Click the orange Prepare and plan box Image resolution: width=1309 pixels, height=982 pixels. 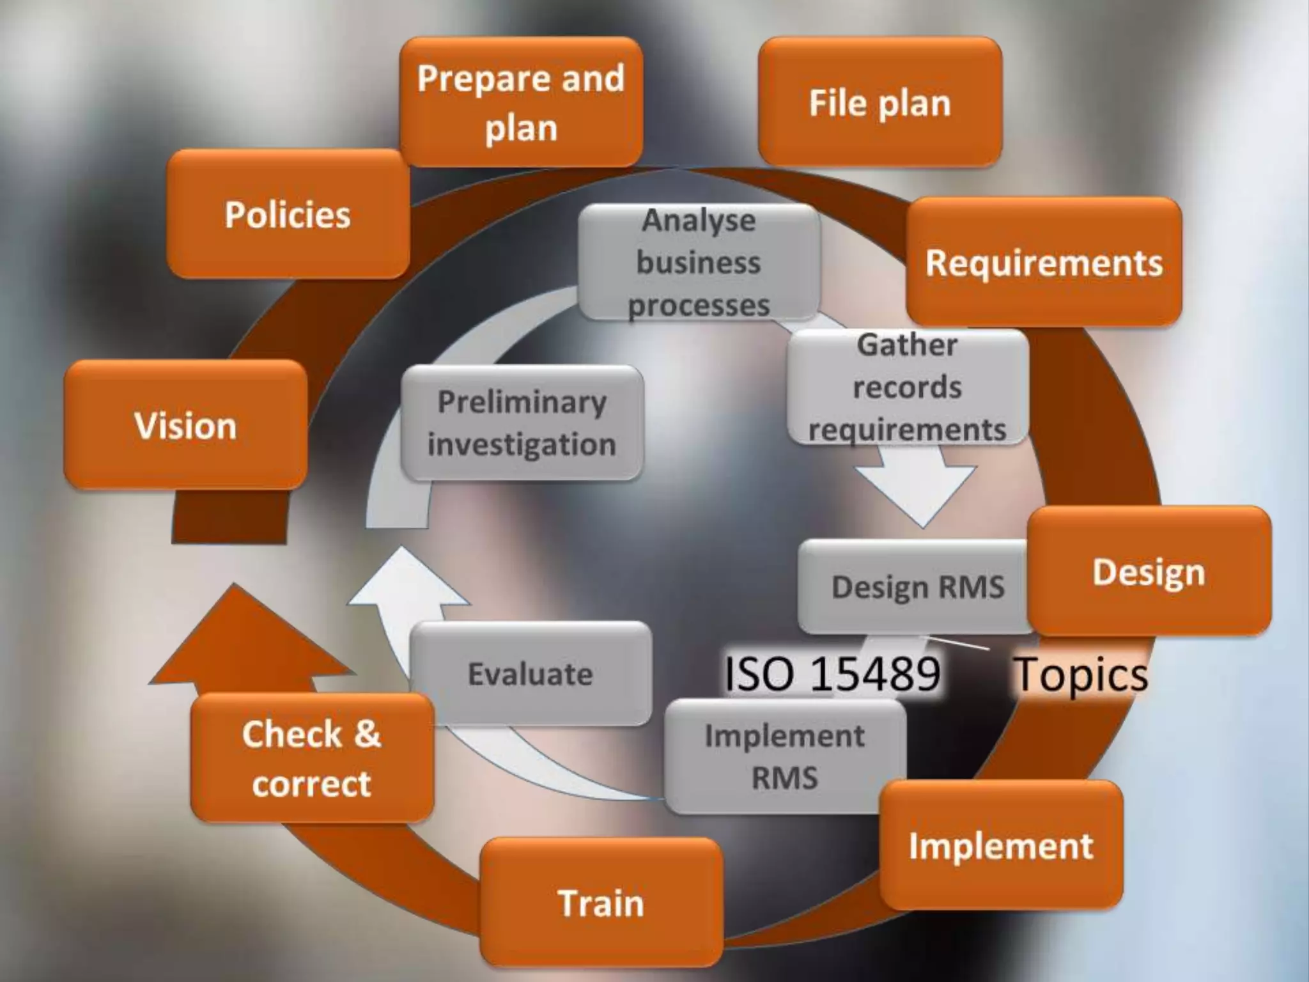(x=521, y=102)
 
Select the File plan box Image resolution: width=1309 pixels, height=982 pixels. (x=879, y=102)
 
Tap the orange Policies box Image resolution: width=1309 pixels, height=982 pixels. (x=288, y=214)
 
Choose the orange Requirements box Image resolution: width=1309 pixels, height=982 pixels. (x=1044, y=262)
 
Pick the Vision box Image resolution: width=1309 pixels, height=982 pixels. (x=185, y=425)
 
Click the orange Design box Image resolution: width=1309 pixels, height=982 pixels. (x=1149, y=571)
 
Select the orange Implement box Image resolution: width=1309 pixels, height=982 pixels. (x=1001, y=845)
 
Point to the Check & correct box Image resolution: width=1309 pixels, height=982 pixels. (x=312, y=758)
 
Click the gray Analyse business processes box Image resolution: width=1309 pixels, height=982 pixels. (x=699, y=262)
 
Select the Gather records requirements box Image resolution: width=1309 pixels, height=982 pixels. (x=907, y=387)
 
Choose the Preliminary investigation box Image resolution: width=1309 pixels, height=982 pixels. (x=522, y=423)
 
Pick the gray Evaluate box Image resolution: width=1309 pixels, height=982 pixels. (x=531, y=673)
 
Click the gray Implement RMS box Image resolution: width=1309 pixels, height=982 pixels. (x=785, y=756)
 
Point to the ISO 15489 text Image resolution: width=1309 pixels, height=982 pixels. (x=832, y=674)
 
